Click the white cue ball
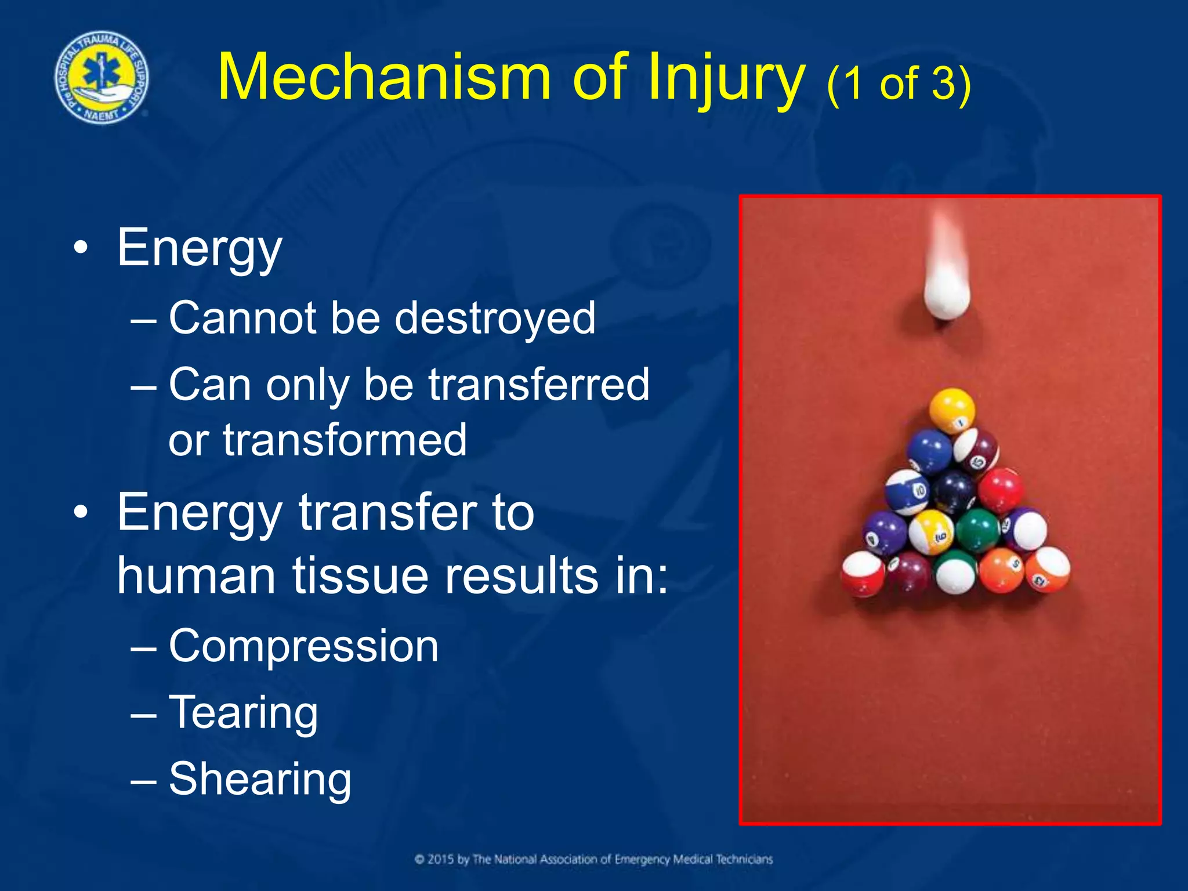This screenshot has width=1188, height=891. pyautogui.click(x=947, y=295)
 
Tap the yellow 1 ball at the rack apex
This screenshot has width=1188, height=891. pyautogui.click(x=952, y=411)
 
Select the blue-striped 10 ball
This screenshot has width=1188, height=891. pyautogui.click(x=907, y=492)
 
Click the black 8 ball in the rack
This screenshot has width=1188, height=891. pyautogui.click(x=953, y=491)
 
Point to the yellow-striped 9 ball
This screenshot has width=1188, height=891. pyautogui.click(x=932, y=531)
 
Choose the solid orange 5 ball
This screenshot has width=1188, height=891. pyautogui.click(x=1002, y=570)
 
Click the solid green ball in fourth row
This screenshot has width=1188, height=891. pyautogui.click(x=977, y=530)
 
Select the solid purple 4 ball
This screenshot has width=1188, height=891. pyautogui.click(x=885, y=533)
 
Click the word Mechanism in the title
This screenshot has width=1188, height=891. pyautogui.click(x=383, y=78)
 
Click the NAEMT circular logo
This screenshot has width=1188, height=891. pyautogui.click(x=102, y=78)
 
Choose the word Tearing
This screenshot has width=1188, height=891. pyautogui.click(x=243, y=713)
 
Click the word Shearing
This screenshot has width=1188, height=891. pyautogui.click(x=260, y=779)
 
